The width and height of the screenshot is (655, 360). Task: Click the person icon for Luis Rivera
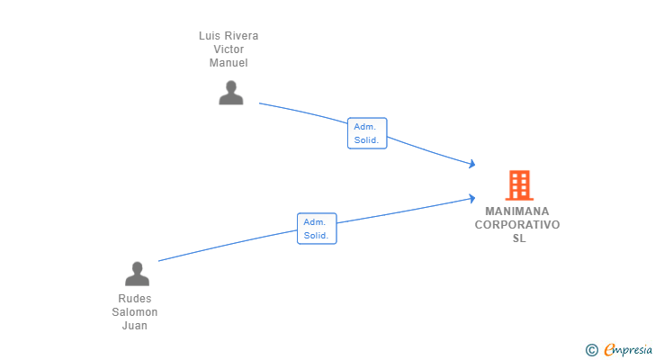(x=231, y=93)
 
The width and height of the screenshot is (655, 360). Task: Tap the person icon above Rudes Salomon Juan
(x=137, y=274)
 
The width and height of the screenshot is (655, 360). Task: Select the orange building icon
(x=519, y=185)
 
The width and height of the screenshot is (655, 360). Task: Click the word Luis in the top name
(x=209, y=36)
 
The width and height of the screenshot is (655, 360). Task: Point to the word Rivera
(x=241, y=36)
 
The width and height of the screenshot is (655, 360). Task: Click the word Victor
(x=229, y=49)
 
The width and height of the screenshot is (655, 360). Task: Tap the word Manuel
(x=229, y=63)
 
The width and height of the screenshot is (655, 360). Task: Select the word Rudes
(x=135, y=299)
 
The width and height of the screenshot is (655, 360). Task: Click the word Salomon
(x=135, y=312)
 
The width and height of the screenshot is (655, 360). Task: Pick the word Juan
(x=135, y=325)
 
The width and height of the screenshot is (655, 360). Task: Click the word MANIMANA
(x=517, y=211)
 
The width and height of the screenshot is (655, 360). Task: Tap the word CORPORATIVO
(x=517, y=225)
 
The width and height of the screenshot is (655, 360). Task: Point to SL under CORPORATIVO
(x=519, y=238)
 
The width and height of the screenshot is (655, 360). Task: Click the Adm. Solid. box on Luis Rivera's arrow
(x=367, y=133)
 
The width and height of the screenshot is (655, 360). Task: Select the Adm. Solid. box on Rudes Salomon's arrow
(x=317, y=229)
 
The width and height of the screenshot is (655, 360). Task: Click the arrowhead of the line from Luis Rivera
(x=472, y=164)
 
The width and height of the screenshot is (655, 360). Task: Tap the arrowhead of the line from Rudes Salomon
(x=472, y=198)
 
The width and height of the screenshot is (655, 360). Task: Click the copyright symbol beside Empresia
(x=591, y=350)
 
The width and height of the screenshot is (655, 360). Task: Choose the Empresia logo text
(x=628, y=349)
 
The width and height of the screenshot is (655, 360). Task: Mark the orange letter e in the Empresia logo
(x=609, y=349)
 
